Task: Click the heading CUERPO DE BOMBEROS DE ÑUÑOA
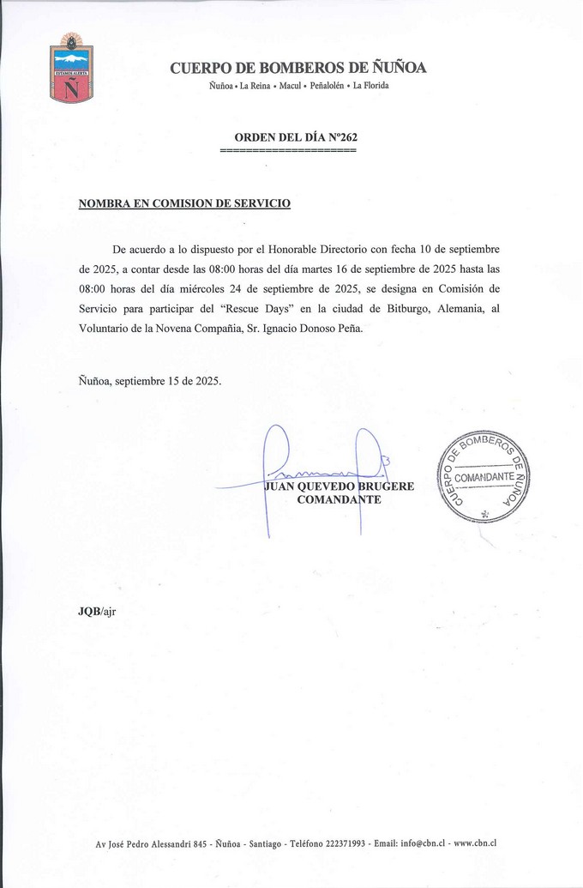[x=298, y=69]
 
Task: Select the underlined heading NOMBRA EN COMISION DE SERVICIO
[x=184, y=203]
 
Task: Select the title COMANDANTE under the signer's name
[x=339, y=499]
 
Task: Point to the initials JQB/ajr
[x=96, y=611]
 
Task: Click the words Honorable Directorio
[x=317, y=249]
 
